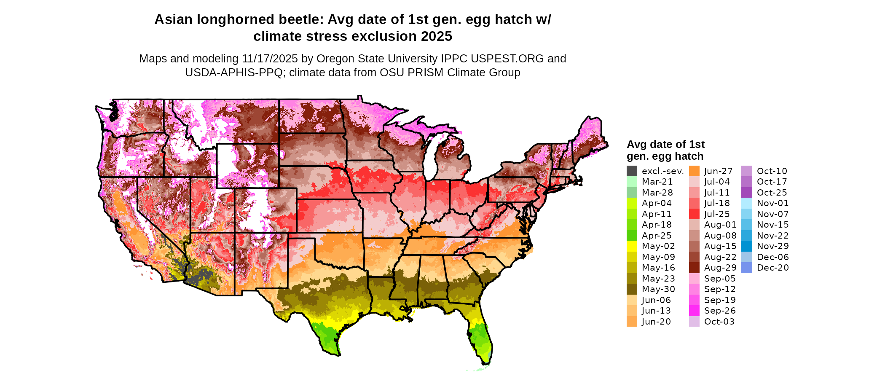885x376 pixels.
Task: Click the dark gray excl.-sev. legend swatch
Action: pyautogui.click(x=632, y=171)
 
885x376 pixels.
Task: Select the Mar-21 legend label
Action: pyautogui.click(x=657, y=182)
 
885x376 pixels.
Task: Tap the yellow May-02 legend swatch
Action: pyautogui.click(x=632, y=246)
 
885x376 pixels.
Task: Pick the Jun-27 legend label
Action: pyautogui.click(x=718, y=171)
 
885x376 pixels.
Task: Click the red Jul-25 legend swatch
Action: pyautogui.click(x=694, y=214)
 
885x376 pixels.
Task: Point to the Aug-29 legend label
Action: pyautogui.click(x=720, y=268)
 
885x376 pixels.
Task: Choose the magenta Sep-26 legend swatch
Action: pyautogui.click(x=694, y=311)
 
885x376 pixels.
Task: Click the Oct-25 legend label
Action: pyautogui.click(x=772, y=193)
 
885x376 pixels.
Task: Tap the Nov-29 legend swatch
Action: pyautogui.click(x=746, y=246)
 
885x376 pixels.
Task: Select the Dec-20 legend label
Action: pyautogui.click(x=772, y=268)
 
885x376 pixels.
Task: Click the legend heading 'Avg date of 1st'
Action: pyautogui.click(x=665, y=145)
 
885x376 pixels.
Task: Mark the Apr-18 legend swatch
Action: pyautogui.click(x=632, y=225)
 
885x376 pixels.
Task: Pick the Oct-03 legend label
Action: pyautogui.click(x=719, y=322)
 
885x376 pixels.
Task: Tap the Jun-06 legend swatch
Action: pyautogui.click(x=632, y=300)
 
